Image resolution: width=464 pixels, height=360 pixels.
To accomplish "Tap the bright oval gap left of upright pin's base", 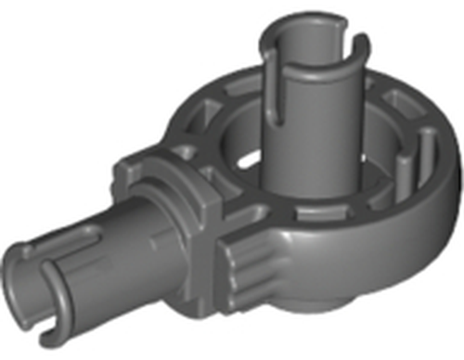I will coord(243,160).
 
